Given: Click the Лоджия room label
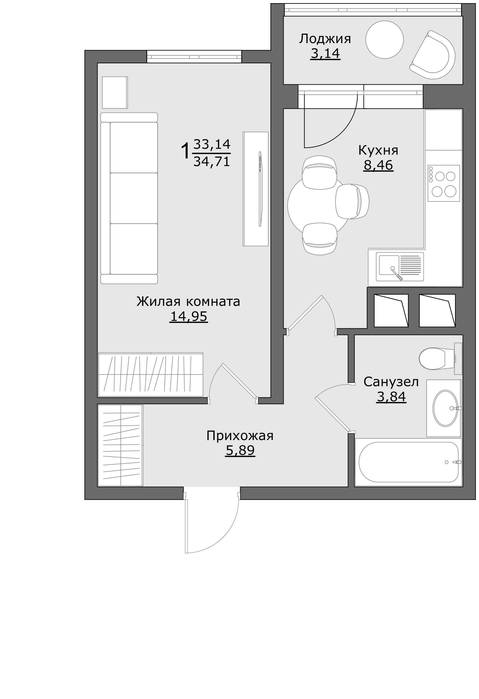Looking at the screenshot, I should click(325, 39).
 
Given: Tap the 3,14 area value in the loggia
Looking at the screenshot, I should click(325, 54).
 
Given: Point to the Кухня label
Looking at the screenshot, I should click(378, 150).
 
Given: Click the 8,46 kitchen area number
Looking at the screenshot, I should click(378, 165).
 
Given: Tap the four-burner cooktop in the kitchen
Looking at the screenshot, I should click(444, 183).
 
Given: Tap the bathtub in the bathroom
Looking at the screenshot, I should click(408, 462).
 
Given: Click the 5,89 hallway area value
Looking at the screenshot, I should click(240, 450).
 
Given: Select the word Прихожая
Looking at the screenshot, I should click(240, 436).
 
